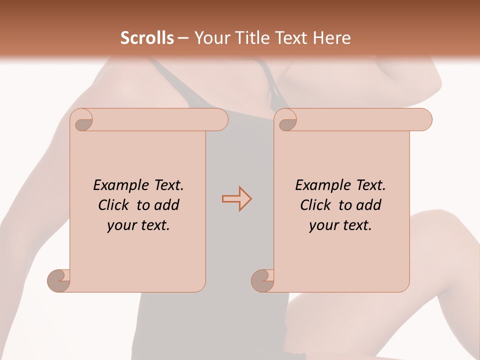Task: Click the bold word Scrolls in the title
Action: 147,38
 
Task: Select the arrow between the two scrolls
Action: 236,199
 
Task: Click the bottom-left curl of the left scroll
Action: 59,280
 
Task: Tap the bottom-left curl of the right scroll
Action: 262,280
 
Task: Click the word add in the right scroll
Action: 368,205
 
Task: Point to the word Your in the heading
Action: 209,38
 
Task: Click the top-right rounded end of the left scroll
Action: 220,119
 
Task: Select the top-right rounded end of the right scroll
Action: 424,119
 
